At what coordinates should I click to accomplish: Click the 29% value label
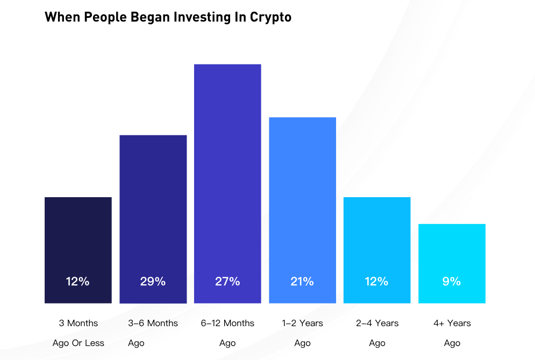click(153, 281)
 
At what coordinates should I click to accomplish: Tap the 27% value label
click(227, 281)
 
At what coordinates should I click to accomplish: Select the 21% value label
click(302, 281)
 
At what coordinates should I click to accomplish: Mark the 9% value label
click(452, 281)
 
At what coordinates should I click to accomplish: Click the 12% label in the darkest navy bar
click(78, 281)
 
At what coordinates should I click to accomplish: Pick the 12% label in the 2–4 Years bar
click(377, 281)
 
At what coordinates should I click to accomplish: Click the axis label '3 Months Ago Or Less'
click(79, 333)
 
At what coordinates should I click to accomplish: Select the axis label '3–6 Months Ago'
click(153, 333)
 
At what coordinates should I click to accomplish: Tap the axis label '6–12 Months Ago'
click(227, 333)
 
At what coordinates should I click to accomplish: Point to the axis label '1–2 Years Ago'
click(303, 333)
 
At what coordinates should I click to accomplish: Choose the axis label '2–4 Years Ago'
click(377, 333)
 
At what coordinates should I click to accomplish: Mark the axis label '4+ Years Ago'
click(452, 333)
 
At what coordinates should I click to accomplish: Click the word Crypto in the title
click(270, 17)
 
